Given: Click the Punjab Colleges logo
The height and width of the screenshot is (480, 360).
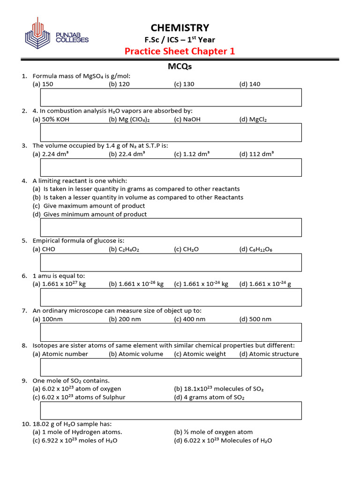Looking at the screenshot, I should [x=56, y=35].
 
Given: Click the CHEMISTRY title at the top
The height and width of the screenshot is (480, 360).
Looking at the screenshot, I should [x=180, y=28].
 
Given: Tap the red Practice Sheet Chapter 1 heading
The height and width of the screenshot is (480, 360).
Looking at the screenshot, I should [x=180, y=51].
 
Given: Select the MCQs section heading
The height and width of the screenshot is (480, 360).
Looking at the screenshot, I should [x=180, y=67].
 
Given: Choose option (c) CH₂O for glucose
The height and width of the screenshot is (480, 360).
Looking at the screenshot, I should [x=186, y=249].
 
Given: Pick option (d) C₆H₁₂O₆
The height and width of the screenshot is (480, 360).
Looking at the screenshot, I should [x=255, y=249].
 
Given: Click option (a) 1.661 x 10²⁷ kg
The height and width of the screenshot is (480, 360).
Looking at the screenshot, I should [x=59, y=284].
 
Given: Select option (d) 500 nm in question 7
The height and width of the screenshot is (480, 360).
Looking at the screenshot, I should [x=255, y=319].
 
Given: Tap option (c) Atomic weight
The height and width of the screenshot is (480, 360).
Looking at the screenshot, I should [x=200, y=354].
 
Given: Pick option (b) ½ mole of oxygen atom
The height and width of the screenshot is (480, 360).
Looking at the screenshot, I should [x=213, y=432].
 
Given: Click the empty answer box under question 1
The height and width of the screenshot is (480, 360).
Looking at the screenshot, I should [x=171, y=97].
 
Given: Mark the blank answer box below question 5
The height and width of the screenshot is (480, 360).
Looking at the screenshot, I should [x=171, y=262].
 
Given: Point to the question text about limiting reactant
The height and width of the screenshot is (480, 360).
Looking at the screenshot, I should [x=80, y=180].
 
